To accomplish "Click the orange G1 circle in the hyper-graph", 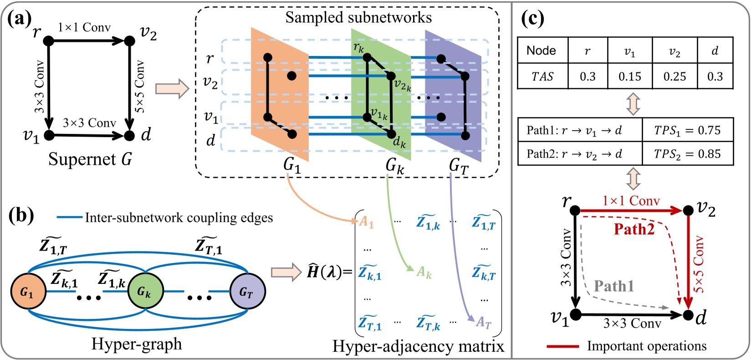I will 28,292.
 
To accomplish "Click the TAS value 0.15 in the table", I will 629,76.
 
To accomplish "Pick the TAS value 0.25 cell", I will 674,76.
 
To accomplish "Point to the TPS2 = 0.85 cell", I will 687,154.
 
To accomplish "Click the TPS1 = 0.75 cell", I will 687,130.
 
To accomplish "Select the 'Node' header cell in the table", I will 542,50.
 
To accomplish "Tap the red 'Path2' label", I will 634,229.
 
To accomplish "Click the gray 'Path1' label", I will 614,286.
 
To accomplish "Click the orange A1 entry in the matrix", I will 367,222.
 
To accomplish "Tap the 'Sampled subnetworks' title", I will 358,17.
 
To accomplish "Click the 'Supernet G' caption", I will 90,159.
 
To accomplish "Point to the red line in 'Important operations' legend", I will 562,346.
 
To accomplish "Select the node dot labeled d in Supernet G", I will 129,135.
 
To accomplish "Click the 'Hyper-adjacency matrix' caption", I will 418,346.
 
